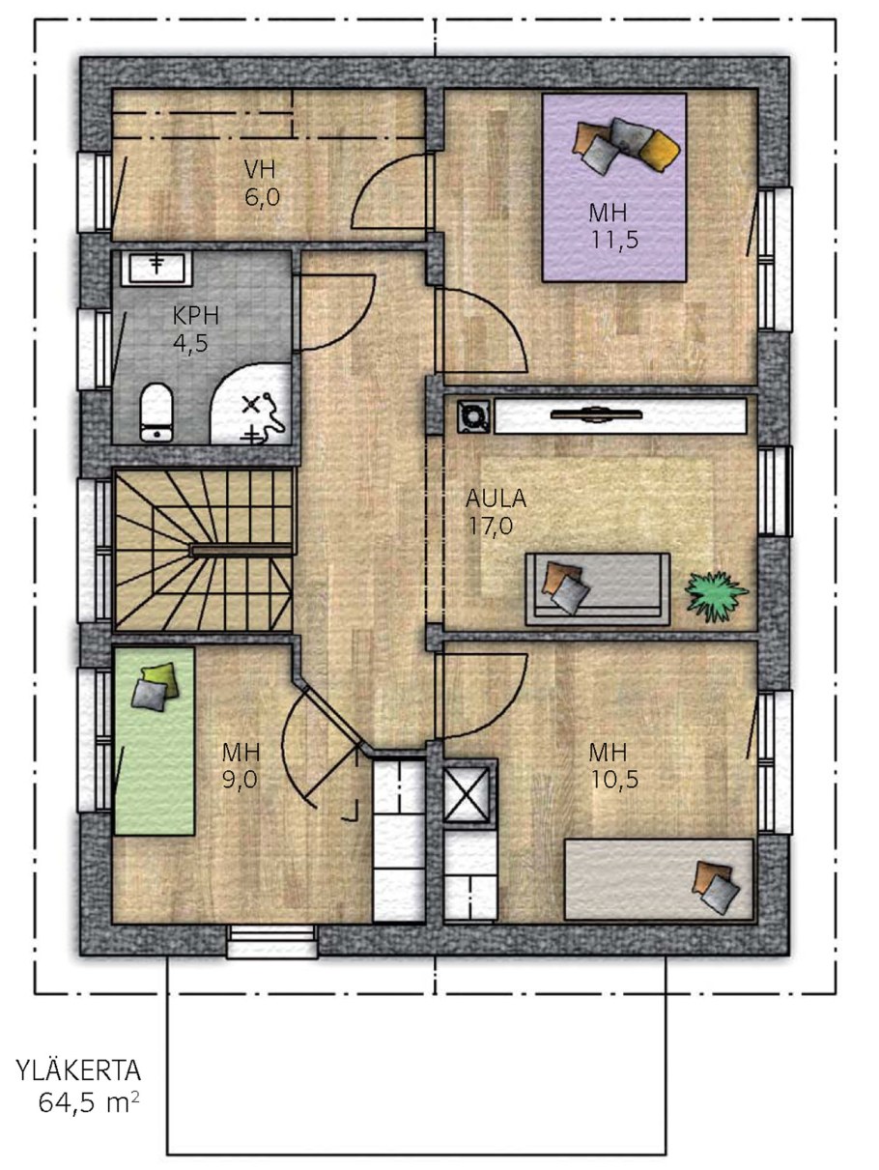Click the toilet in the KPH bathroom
pos(156,413)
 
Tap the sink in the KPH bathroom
pos(157,267)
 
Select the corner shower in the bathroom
pos(252,404)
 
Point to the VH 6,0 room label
pos(261,184)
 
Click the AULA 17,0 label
pos(496,512)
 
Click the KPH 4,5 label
pos(194,329)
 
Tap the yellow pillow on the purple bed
pos(660,152)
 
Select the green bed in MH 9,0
pos(155,741)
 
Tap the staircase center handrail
pos(241,551)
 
